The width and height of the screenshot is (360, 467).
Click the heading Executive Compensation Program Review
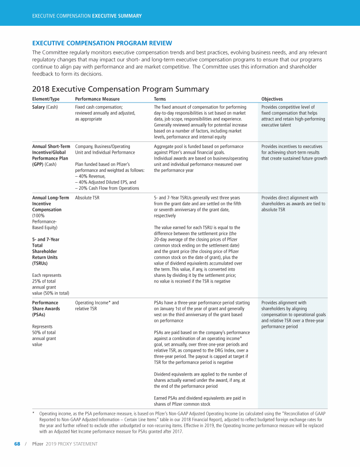(x=102, y=43)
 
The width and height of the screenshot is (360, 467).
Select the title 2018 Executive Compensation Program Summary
(x=120, y=89)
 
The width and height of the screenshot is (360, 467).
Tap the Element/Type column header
(x=46, y=99)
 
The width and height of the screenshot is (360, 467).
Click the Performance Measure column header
(x=97, y=99)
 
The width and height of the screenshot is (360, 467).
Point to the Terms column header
(x=160, y=99)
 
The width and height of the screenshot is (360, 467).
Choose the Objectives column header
(x=272, y=99)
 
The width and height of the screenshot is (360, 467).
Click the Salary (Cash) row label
(x=45, y=107)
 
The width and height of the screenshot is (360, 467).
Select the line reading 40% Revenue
(x=91, y=176)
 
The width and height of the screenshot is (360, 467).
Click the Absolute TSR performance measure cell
(x=87, y=198)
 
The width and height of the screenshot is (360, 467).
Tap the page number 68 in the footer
(x=16, y=444)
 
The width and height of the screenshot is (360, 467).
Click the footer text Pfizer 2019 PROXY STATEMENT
(x=65, y=444)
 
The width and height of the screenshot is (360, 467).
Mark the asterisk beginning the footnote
(x=33, y=414)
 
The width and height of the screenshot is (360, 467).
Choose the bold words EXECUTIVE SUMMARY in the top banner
(x=117, y=16)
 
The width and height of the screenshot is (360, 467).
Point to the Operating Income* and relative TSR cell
(x=97, y=306)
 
